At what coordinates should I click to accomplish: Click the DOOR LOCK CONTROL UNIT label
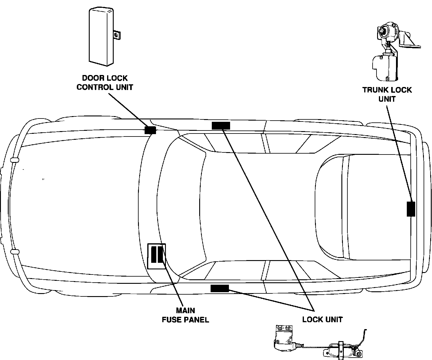(x=105, y=82)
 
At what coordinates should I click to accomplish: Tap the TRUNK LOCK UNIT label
(x=387, y=94)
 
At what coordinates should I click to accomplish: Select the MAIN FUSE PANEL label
(x=185, y=315)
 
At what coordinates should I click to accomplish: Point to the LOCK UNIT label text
(x=322, y=319)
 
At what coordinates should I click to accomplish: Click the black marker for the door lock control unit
(x=150, y=130)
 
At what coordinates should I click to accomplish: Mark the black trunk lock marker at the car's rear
(x=411, y=209)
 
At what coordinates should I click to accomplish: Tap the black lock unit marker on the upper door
(x=221, y=125)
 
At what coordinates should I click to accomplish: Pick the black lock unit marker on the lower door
(x=220, y=288)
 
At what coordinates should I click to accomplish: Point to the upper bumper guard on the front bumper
(x=14, y=160)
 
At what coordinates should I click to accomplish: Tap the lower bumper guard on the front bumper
(x=14, y=251)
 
